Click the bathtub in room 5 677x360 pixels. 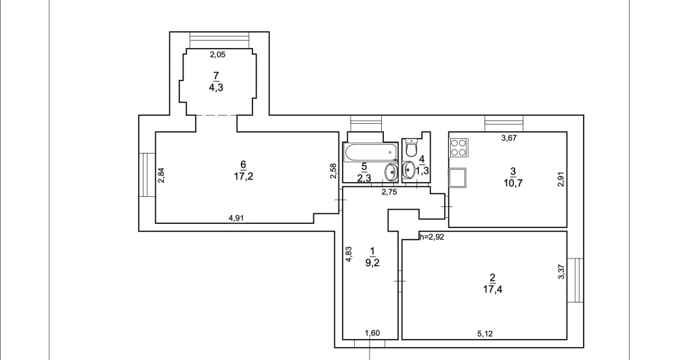366,153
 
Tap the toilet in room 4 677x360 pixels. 411,147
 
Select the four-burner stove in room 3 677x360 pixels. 458,147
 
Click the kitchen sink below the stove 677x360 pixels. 458,177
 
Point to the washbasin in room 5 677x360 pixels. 392,173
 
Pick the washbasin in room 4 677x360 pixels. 409,169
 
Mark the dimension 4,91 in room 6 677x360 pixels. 236,218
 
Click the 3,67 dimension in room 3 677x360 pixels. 510,139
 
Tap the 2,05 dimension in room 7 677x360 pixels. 217,55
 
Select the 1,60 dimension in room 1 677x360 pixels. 372,333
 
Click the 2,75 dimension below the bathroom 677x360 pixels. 389,192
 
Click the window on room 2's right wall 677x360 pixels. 575,280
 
